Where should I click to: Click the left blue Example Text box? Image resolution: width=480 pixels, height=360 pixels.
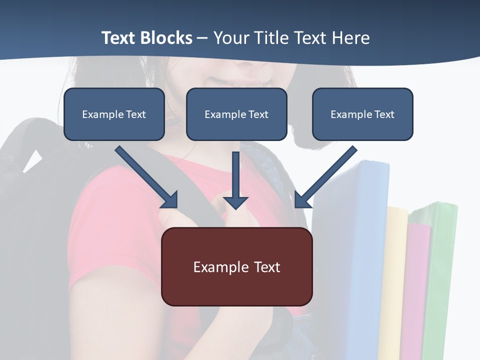click(x=114, y=114)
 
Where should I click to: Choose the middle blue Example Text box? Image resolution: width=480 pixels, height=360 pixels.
click(x=236, y=114)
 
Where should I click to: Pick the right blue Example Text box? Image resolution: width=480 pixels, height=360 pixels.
click(x=362, y=114)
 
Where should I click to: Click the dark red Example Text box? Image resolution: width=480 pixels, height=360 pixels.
click(x=236, y=266)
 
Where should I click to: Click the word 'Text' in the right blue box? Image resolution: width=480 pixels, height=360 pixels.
click(x=384, y=114)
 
